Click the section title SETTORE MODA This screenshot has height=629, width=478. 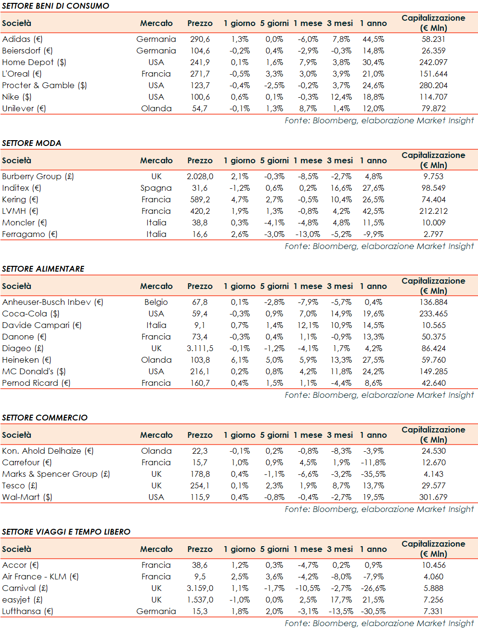31,143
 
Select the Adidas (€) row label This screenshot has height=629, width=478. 22,39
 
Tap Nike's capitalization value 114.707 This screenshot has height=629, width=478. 433,97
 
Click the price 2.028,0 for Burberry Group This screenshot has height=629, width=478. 200,176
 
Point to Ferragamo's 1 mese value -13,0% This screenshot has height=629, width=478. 308,234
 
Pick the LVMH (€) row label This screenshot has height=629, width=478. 20,211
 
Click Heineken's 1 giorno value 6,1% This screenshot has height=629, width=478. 239,360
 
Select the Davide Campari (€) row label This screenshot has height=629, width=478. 42,325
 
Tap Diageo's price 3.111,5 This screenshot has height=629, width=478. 200,348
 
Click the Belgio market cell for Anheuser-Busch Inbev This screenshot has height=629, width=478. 156,302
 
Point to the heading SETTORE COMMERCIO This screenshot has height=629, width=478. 45,418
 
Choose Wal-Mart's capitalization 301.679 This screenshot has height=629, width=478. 433,497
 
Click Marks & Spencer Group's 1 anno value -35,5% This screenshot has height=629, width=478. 373,474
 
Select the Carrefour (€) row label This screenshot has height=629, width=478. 26,462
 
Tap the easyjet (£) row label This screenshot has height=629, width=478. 22,600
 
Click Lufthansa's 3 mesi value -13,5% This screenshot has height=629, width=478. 341,611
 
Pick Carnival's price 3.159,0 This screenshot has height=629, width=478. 200,588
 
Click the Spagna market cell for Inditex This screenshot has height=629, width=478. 156,188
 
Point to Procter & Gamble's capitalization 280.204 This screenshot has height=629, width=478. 433,85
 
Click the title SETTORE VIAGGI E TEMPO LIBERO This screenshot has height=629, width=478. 66,532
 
